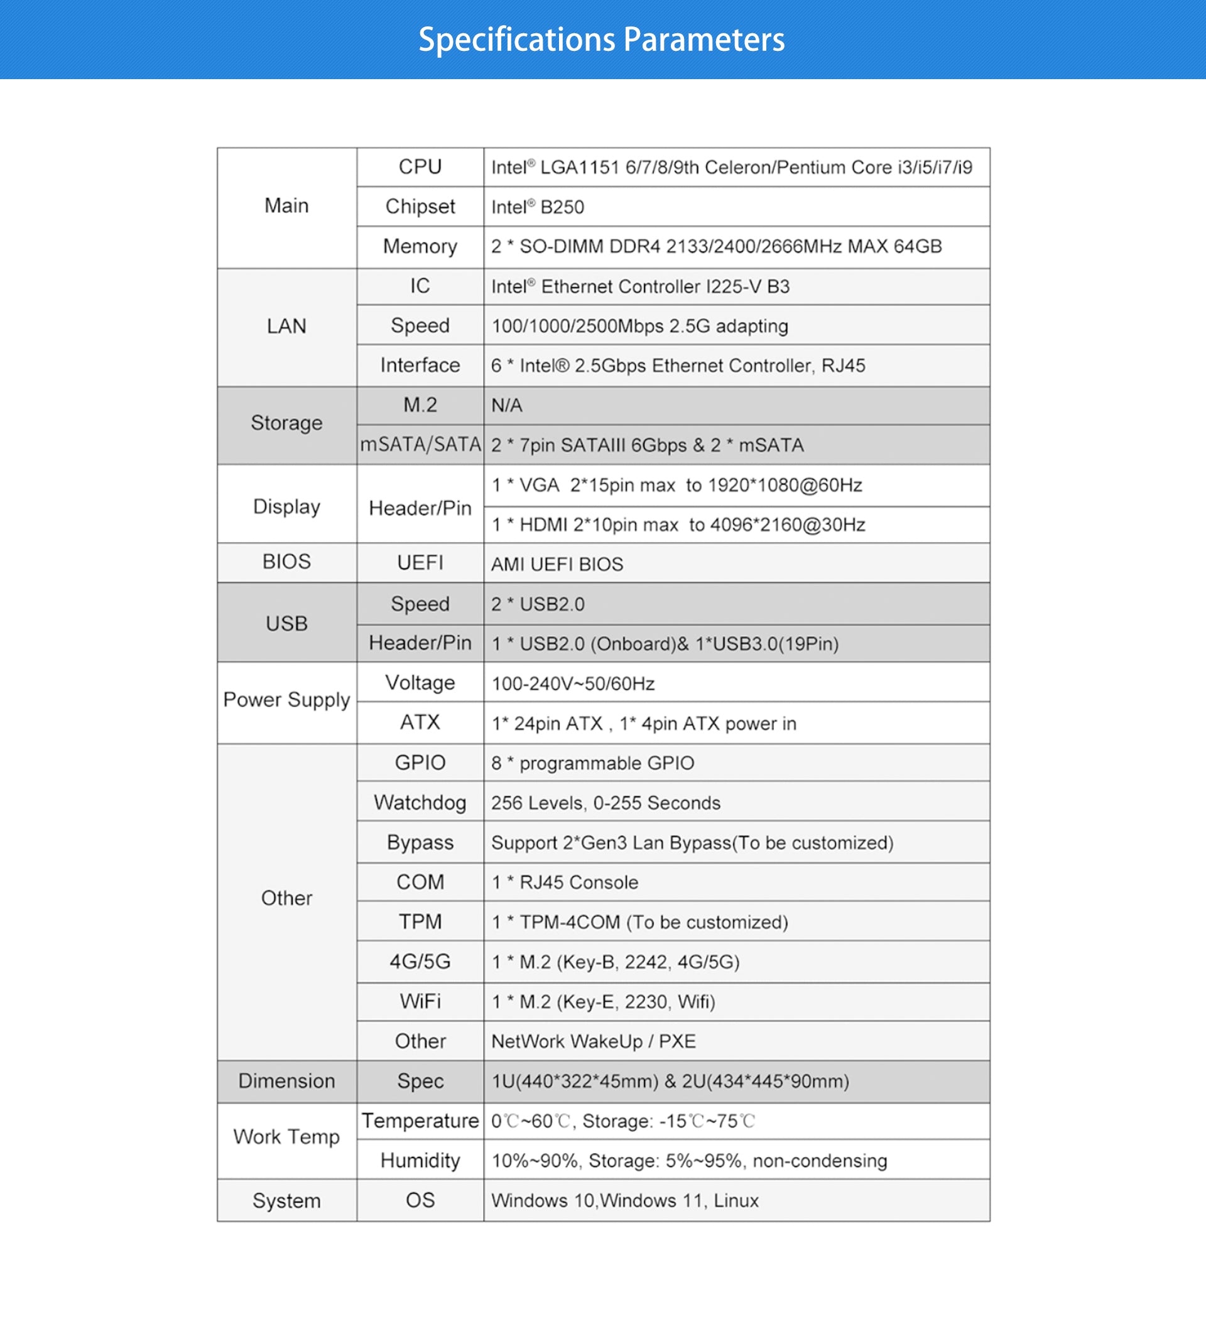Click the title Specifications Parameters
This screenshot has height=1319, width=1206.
tap(601, 39)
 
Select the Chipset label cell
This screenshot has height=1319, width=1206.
tap(420, 207)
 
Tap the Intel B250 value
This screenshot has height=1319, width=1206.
tap(537, 207)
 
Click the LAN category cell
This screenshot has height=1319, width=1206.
tap(286, 326)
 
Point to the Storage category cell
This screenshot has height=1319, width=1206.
tap(286, 423)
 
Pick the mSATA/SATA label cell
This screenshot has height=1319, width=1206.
tap(420, 445)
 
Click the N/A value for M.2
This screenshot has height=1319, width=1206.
tap(506, 406)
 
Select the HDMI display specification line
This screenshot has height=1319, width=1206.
tap(678, 524)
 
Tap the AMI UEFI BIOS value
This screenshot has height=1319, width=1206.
tap(557, 564)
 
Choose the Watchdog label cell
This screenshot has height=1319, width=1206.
tap(420, 802)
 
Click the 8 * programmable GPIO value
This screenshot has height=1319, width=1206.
tap(592, 763)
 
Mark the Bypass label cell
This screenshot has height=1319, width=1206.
tap(420, 842)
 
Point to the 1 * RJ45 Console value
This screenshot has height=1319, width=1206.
tap(564, 882)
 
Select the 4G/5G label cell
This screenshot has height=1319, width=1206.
tap(420, 961)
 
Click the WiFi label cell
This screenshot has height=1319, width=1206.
tap(420, 1001)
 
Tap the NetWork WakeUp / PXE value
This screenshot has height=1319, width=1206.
tap(593, 1041)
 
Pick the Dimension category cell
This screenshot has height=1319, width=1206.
tap(286, 1081)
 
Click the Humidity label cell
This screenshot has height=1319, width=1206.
tap(420, 1161)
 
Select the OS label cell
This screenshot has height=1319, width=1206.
tap(420, 1200)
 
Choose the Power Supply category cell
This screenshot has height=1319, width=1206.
tap(286, 700)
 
